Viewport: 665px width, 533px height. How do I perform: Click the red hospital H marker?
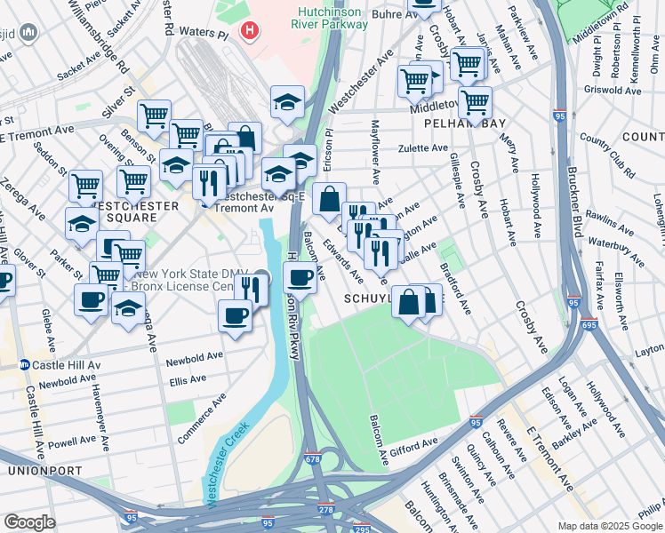(x=252, y=31)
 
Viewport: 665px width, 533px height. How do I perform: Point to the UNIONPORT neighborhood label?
(x=44, y=470)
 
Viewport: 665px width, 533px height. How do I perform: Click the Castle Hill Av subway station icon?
(x=25, y=365)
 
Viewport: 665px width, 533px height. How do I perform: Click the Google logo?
(x=29, y=522)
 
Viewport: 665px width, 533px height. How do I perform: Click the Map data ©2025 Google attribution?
(x=610, y=526)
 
